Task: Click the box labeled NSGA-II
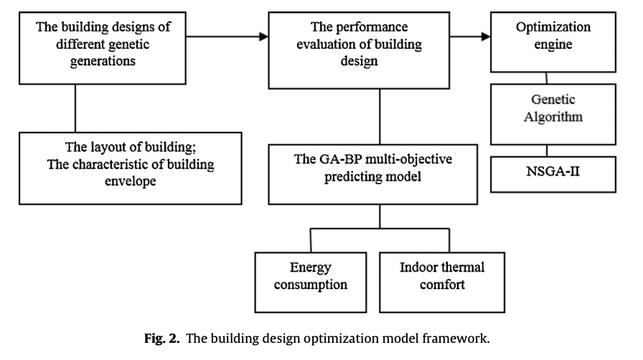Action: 553,174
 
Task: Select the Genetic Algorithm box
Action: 553,115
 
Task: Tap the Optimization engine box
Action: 553,42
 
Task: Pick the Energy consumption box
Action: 311,283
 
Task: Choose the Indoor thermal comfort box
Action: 442,283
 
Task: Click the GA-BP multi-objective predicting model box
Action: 372,174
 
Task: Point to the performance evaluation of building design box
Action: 359,50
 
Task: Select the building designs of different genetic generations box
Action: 103,48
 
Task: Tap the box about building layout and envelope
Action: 131,168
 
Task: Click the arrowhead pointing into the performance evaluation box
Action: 263,37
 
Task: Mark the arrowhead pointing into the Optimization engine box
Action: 486,37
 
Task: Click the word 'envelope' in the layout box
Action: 131,181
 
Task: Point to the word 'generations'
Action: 103,61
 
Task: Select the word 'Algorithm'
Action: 553,117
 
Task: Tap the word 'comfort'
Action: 442,284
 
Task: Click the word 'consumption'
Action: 311,285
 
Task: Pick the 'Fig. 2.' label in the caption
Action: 162,338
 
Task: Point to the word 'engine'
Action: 553,44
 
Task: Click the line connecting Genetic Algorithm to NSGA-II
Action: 547,151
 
